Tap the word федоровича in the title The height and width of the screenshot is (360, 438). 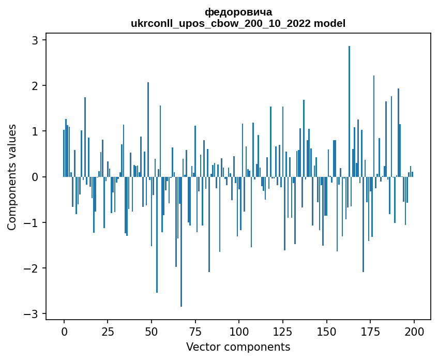[238, 12]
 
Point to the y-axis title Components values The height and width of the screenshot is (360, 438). [12, 177]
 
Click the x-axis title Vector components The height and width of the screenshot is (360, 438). [238, 347]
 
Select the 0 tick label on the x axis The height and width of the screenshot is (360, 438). [64, 332]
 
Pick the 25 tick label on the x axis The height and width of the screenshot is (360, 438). [108, 332]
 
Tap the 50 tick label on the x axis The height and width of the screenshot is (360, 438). [152, 332]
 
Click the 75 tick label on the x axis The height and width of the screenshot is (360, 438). [195, 332]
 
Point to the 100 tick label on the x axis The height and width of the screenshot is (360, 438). [239, 332]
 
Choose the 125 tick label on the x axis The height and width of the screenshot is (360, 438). [282, 332]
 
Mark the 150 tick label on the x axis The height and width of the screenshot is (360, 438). [326, 332]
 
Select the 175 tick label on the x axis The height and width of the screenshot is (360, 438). [370, 332]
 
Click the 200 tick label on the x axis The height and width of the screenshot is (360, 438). [414, 332]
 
